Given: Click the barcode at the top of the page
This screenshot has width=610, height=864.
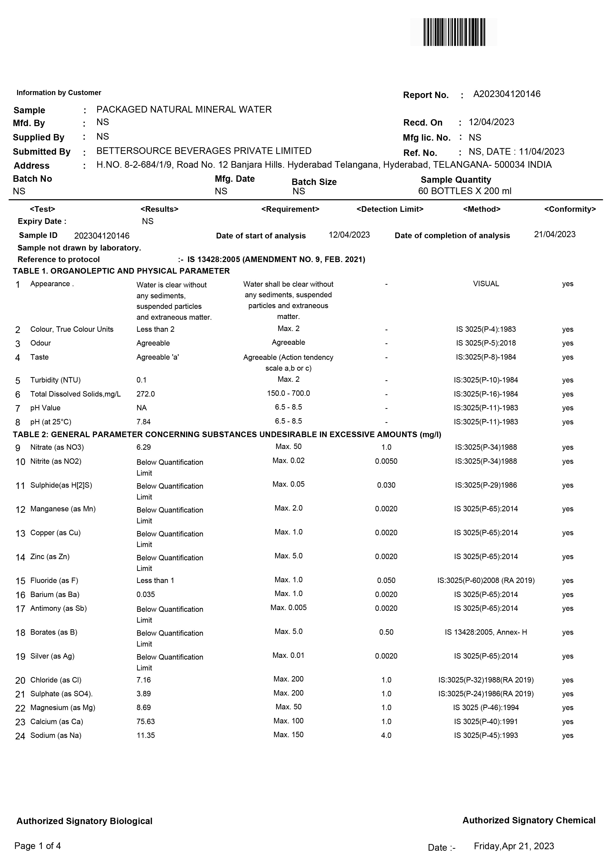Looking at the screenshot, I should point(454,32).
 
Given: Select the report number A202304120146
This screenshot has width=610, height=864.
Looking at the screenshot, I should point(507,94).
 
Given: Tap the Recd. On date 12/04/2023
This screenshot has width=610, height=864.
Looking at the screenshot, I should point(491,122).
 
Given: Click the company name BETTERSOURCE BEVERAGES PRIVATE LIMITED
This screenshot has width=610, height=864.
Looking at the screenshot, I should point(204,151).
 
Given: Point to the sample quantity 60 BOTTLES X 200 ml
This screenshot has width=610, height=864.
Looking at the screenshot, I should point(465,191).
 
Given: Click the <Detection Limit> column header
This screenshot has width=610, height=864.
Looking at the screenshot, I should point(390,209).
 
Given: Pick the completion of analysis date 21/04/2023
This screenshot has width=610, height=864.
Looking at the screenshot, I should point(554,234).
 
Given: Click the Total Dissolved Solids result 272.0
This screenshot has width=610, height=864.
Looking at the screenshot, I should point(145,394).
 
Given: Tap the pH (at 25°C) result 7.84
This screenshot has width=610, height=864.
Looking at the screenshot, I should point(143,422).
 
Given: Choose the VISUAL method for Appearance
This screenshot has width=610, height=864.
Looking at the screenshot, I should point(486,284).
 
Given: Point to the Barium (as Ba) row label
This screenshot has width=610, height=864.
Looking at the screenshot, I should point(55,595).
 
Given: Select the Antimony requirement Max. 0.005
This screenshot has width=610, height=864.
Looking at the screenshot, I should point(288,608).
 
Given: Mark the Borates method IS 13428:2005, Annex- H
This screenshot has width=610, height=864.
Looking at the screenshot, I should point(486,632).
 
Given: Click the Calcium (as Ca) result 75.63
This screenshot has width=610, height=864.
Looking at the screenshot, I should point(145,721).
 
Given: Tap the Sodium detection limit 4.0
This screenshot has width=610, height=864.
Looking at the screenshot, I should point(386,735).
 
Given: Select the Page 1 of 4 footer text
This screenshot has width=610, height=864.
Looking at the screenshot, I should point(38,846).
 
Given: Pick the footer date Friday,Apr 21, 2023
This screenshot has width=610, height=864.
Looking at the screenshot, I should point(514,846).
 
